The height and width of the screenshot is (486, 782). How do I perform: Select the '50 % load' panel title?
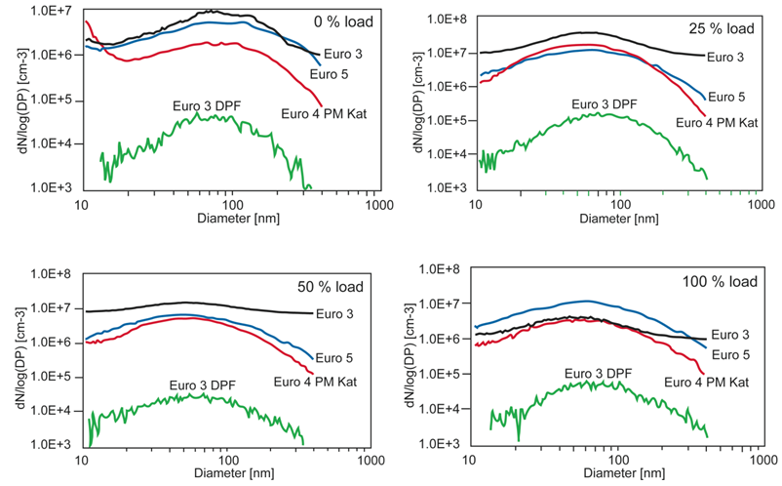331,286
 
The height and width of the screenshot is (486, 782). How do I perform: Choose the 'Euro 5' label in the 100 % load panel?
731,355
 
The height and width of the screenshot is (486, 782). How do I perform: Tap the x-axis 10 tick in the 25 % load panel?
477,206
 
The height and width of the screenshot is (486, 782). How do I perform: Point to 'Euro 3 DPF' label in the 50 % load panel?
204,384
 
